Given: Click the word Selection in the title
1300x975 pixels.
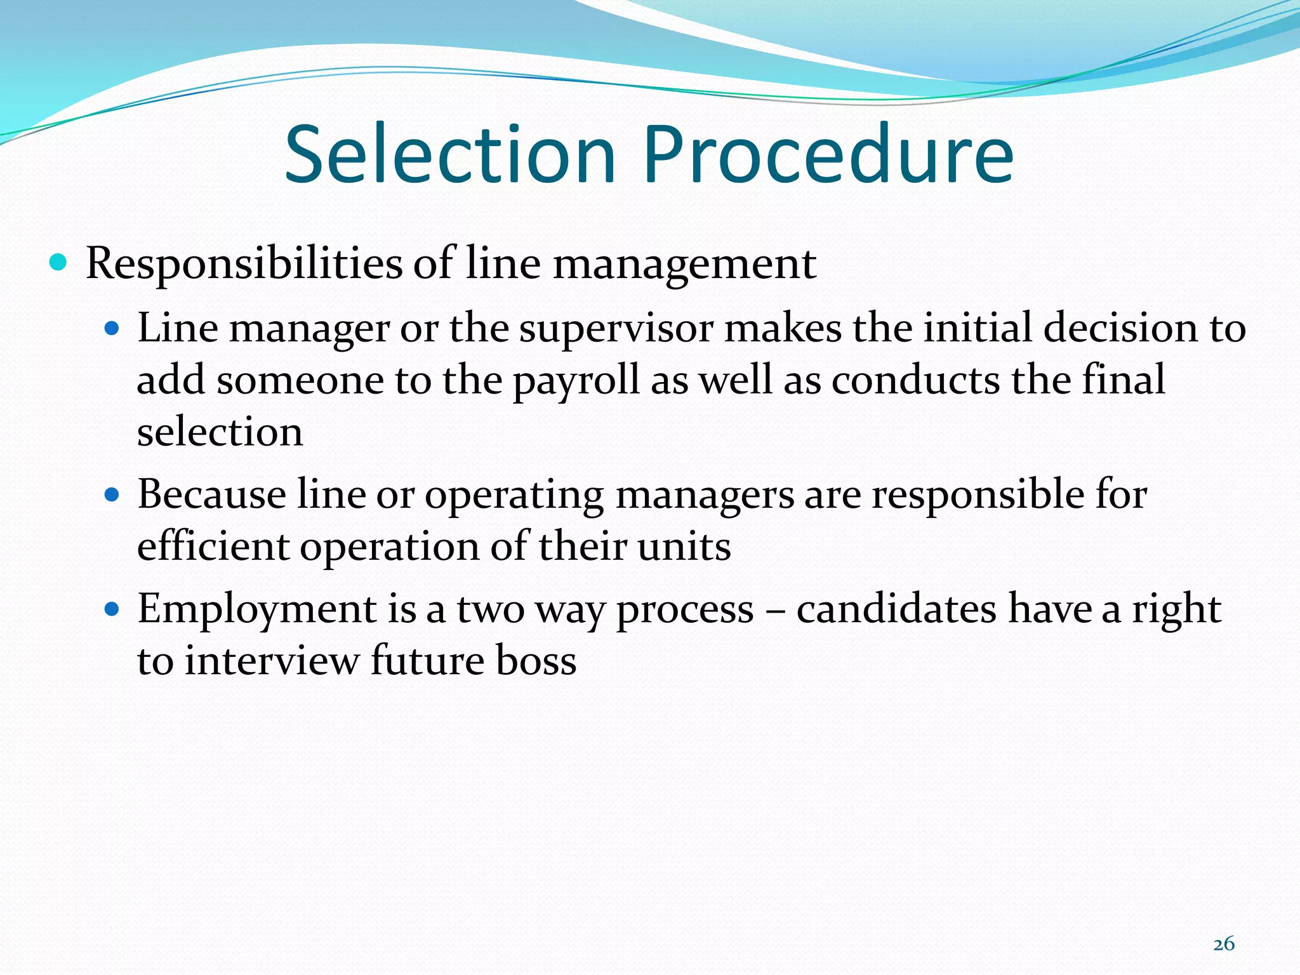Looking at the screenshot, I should click(450, 156).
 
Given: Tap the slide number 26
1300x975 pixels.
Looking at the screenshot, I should click(1223, 944).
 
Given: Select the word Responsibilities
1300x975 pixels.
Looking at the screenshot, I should click(244, 263).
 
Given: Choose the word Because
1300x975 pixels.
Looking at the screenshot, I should click(211, 494).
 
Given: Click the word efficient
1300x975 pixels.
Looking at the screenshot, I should click(213, 546).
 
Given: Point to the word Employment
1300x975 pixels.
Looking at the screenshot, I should click(257, 610).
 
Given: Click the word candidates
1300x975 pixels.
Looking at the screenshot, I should click(896, 609).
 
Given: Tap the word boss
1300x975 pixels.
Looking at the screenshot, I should click(536, 661).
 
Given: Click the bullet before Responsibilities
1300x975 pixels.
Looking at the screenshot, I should click(58, 262).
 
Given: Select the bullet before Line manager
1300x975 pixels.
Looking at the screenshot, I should click(112, 329).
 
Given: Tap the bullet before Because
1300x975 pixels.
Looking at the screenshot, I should click(112, 495).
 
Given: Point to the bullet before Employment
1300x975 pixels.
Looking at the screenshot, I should click(112, 610).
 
